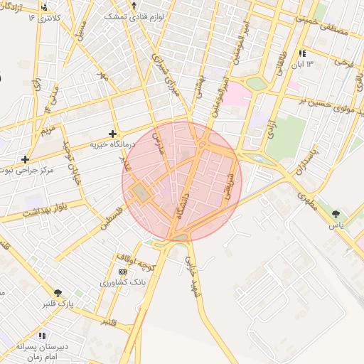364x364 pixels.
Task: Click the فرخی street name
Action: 343,65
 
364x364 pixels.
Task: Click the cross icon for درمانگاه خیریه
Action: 112,133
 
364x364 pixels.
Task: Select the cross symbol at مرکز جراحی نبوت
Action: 26,159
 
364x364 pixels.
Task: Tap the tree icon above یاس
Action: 336,213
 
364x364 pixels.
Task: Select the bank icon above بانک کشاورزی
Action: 123,272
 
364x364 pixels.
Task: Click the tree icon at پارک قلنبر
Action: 58,291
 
